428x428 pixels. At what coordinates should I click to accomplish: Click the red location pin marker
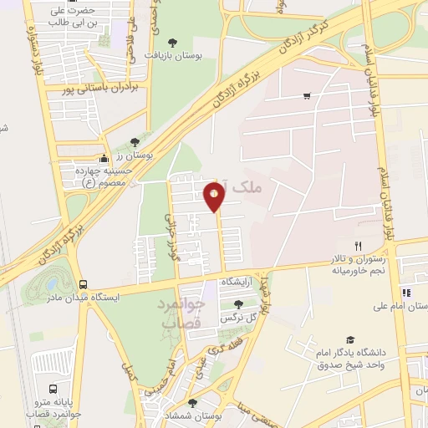coord(214,197)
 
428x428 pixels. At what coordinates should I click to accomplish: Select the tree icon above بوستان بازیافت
coord(172,41)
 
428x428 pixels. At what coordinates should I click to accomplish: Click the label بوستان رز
coord(130,155)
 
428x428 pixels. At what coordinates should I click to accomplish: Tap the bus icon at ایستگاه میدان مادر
coord(82,284)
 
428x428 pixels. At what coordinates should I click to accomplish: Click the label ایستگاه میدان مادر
coord(81,297)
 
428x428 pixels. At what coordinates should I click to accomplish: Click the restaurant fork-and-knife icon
coord(358,246)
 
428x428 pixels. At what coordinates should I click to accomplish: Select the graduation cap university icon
coord(350,340)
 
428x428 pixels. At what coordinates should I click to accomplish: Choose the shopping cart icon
coord(308,96)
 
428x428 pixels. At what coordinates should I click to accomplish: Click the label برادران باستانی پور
coord(104,86)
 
